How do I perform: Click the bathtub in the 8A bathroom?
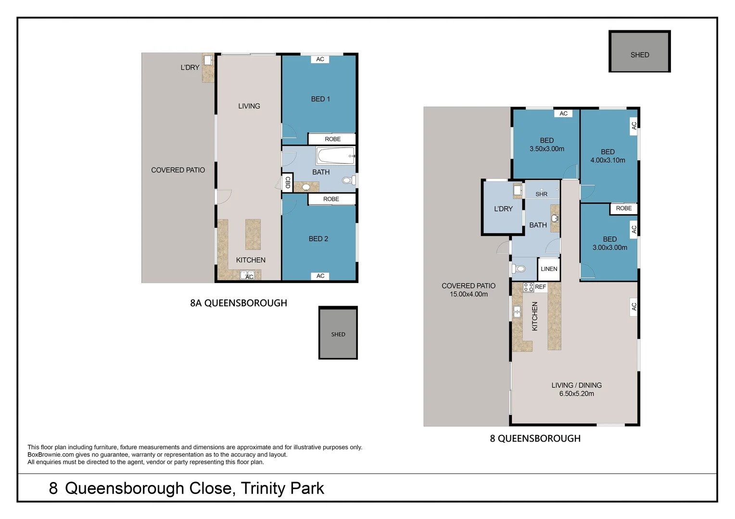tap(335, 156)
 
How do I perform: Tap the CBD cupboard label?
tap(288, 182)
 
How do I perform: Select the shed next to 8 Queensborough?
tap(639, 52)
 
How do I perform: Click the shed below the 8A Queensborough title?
tap(338, 333)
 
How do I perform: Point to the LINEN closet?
tap(549, 269)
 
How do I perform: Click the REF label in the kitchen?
tap(541, 287)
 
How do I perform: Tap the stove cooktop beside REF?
tap(529, 287)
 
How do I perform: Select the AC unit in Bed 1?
tap(320, 59)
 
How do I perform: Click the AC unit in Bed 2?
tap(320, 276)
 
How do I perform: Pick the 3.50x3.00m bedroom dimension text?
tap(547, 149)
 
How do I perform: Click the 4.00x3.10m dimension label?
tap(608, 161)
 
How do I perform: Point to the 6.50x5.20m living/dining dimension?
tap(576, 394)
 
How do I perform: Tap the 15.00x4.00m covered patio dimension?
tap(469, 294)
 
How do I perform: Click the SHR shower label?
tap(542, 194)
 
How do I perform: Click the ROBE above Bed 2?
tap(331, 199)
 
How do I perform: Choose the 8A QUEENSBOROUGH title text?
tap(239, 303)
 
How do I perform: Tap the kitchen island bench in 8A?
tap(253, 234)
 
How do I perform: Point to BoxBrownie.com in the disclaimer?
tap(51, 455)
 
